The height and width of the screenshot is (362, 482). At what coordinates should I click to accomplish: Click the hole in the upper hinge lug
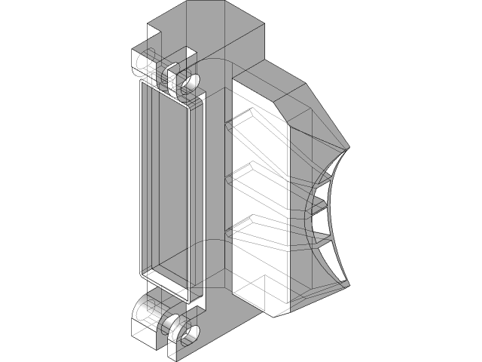pyautogui.click(x=191, y=81)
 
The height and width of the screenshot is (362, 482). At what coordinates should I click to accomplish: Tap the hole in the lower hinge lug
pyautogui.click(x=190, y=333)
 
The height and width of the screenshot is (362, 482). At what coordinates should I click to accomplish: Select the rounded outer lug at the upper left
pyautogui.click(x=140, y=63)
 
